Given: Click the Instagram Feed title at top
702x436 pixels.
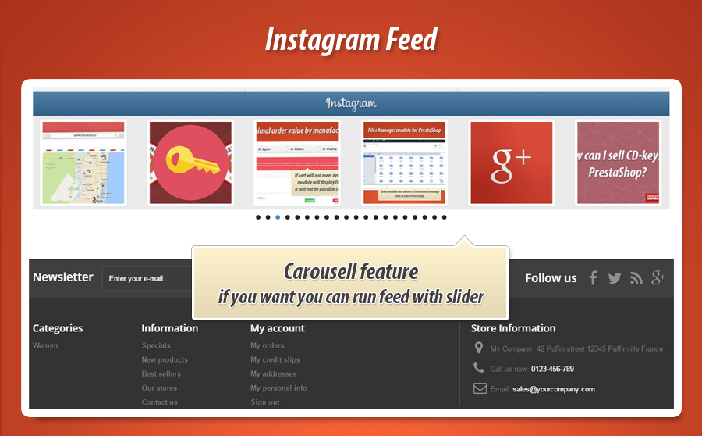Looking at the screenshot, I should tap(350, 39).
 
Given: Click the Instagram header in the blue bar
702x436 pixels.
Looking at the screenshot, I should tap(351, 103).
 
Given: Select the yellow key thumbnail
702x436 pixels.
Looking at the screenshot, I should tap(190, 163).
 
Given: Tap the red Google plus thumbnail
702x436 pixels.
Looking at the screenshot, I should tap(512, 163).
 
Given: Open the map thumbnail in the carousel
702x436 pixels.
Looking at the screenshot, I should tap(83, 163).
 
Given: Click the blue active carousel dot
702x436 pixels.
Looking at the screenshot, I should tap(278, 217).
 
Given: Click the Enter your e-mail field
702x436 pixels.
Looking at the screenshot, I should tap(148, 278).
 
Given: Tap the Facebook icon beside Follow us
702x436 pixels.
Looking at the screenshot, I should tap(593, 278).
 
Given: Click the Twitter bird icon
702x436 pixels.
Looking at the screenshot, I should tap(615, 278).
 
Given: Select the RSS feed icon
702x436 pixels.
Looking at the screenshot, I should tap(636, 278).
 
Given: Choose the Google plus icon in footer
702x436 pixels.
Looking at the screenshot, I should tap(658, 278).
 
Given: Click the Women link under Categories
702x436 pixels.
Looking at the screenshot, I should tap(45, 345).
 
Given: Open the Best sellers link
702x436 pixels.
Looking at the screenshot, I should tap(161, 374).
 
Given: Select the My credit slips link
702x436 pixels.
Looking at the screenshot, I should tap(275, 360).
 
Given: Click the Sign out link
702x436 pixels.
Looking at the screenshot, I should tap(264, 402).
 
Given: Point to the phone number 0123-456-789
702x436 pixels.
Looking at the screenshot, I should tap(552, 369).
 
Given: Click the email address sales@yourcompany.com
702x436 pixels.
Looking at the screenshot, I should tap(554, 389).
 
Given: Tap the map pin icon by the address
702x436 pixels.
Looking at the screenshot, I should tap(479, 348).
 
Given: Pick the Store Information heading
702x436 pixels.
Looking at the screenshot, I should tap(513, 328).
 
